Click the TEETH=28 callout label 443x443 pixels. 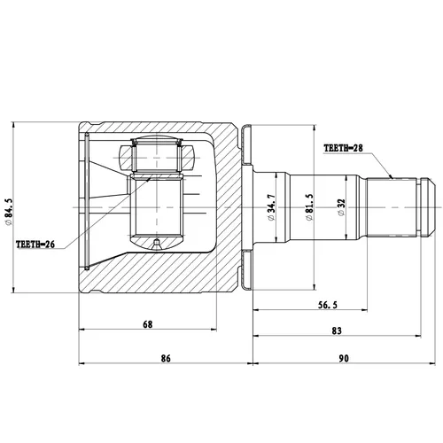[x=343, y=148]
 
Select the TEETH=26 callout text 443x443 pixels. [x=35, y=245]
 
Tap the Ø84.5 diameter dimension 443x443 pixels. [x=8, y=212]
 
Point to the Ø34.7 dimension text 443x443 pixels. [x=271, y=207]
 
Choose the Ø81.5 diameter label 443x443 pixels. [x=309, y=207]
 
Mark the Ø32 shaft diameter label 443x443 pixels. [x=342, y=207]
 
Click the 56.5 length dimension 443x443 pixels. [x=328, y=305]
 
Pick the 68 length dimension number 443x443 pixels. [x=148, y=324]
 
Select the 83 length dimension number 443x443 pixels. [x=337, y=330]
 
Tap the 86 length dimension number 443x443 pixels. [x=166, y=358]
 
